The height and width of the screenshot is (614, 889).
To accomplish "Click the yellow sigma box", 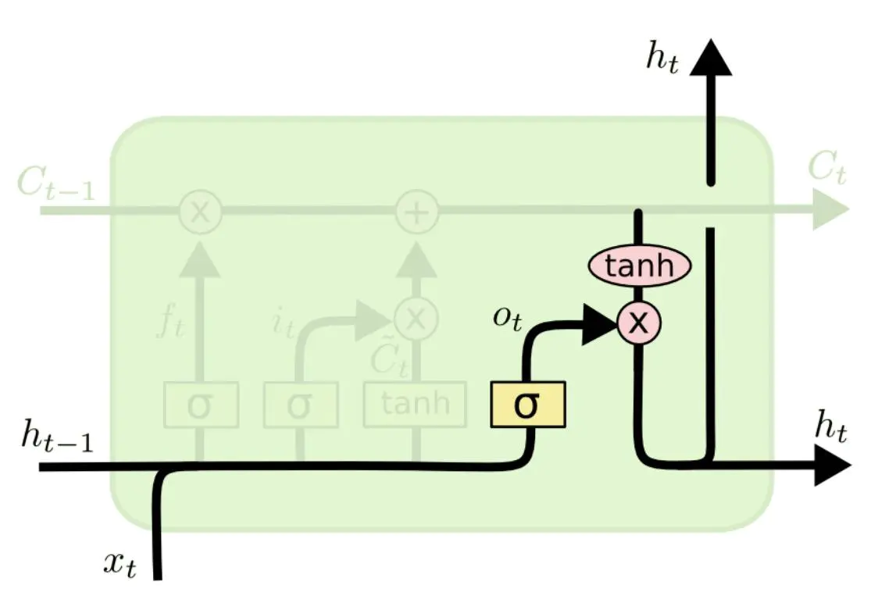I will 527,405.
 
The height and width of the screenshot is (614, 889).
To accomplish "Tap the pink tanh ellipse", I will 639,266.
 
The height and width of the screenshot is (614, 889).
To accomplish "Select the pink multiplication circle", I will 639,321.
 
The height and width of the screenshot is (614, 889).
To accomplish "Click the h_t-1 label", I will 57,438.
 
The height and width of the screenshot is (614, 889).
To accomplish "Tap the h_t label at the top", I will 662,59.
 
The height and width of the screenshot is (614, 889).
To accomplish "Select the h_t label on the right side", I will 830,428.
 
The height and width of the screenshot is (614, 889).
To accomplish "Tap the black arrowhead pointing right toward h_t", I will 832,466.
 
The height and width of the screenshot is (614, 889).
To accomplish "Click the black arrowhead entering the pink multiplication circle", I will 602,321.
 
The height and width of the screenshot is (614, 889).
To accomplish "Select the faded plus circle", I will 416,212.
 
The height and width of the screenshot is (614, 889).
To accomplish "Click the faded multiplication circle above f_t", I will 200,212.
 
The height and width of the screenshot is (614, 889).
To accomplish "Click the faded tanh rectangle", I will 415,404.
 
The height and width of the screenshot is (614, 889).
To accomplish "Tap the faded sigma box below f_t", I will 200,405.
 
